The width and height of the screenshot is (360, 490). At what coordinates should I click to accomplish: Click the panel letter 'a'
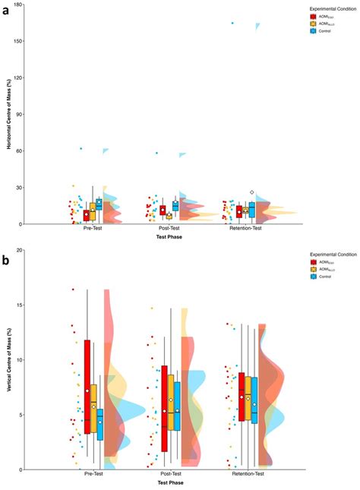click(6, 11)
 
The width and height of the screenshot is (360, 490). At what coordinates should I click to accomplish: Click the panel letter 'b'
click(6, 260)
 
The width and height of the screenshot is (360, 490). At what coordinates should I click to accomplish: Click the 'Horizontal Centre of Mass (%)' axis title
click(8, 114)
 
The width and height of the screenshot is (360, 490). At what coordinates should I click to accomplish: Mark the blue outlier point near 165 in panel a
click(232, 24)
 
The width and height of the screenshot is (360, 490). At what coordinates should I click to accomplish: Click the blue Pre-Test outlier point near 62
click(81, 148)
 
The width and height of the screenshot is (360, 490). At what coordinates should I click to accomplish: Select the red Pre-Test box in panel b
click(87, 386)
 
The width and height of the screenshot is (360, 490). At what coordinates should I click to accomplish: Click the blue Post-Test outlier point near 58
click(157, 153)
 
